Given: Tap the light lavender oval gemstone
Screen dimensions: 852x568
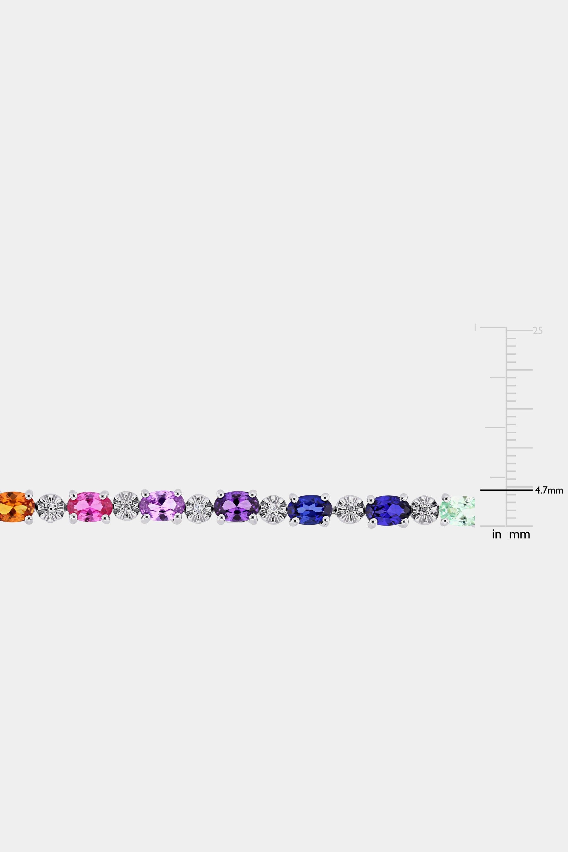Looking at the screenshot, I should pyautogui.click(x=162, y=506).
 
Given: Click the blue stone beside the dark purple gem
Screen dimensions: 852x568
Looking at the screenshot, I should pyautogui.click(x=310, y=509).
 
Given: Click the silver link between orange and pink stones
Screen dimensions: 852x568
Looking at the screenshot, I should pyautogui.click(x=51, y=508).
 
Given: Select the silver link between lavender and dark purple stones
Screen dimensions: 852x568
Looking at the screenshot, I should pyautogui.click(x=198, y=509).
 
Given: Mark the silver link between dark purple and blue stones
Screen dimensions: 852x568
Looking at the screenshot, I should pyautogui.click(x=273, y=509).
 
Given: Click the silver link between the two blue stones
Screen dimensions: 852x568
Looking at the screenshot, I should pyautogui.click(x=349, y=510).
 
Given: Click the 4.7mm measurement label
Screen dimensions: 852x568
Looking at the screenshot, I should pyautogui.click(x=549, y=491).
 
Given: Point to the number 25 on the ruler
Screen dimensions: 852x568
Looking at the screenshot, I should pyautogui.click(x=538, y=331).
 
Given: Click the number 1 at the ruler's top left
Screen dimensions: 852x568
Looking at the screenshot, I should pyautogui.click(x=475, y=328).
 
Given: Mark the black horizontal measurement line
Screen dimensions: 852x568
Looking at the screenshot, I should pyautogui.click(x=506, y=490).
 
